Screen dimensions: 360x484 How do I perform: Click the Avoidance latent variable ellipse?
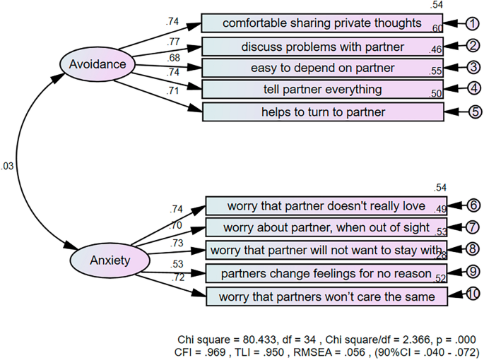[x=93, y=65]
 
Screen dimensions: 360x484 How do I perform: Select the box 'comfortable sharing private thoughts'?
[x=322, y=23]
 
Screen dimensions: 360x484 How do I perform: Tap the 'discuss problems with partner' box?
[x=322, y=47]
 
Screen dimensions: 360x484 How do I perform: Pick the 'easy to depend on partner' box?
[x=322, y=68]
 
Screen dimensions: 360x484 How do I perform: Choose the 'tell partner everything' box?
[x=322, y=89]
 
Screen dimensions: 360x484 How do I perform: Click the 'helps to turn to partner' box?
[x=323, y=112]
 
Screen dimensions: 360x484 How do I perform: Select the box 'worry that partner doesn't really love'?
[x=326, y=206]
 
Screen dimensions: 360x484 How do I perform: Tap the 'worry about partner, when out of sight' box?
[x=326, y=227]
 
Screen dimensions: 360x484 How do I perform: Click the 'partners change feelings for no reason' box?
[x=326, y=273]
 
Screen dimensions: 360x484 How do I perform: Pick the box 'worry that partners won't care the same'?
[x=327, y=296]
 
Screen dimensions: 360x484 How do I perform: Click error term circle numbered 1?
[x=471, y=23]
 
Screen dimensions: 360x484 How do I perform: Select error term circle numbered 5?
[x=471, y=112]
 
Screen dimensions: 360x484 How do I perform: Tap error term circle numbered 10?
[x=471, y=294]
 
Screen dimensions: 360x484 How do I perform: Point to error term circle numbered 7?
[x=471, y=227]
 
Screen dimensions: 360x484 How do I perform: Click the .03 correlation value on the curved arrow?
[x=7, y=166]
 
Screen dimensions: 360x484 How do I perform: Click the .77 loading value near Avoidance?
[x=174, y=42]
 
